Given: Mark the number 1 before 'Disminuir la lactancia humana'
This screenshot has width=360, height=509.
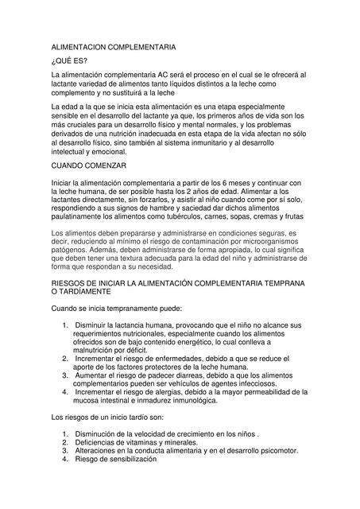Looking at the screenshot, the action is pyautogui.click(x=63, y=325).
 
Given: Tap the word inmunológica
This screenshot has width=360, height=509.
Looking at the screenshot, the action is pyautogui.click(x=184, y=401).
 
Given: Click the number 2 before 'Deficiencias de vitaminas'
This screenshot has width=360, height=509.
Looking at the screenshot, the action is pyautogui.click(x=63, y=442).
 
